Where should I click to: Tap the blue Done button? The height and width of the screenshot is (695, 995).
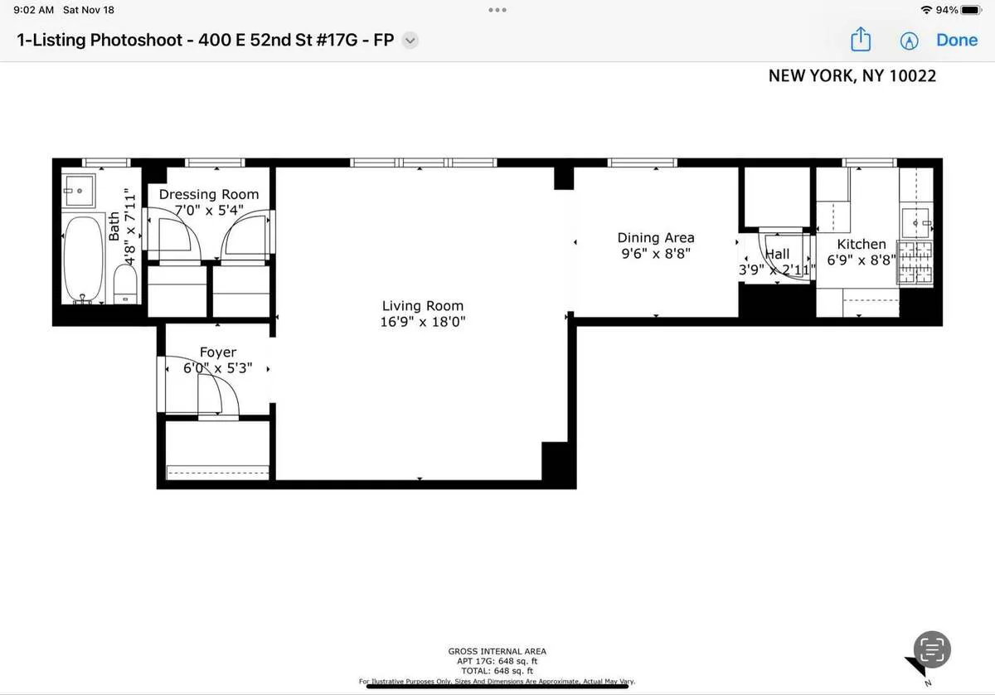[x=957, y=40]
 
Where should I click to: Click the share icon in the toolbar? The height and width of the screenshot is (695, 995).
[x=862, y=40]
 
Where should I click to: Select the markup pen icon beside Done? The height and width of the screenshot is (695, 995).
[x=910, y=41]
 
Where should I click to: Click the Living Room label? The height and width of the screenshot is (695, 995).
[x=422, y=306]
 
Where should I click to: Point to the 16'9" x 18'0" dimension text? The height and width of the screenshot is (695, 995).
[x=422, y=323]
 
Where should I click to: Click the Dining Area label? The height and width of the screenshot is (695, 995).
[x=655, y=238]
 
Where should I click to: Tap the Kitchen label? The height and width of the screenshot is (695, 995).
[x=861, y=244]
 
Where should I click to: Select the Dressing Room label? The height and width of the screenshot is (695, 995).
[x=209, y=194]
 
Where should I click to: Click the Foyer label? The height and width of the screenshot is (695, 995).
[x=217, y=352]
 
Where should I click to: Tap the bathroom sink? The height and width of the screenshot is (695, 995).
[x=80, y=191]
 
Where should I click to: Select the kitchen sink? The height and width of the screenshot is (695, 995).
[x=916, y=223]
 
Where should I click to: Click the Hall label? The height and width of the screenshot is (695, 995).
[x=777, y=254]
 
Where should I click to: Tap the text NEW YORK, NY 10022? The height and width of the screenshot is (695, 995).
[x=852, y=75]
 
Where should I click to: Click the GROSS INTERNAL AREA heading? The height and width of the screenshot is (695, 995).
[x=497, y=651]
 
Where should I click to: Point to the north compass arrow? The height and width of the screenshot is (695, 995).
[x=918, y=667]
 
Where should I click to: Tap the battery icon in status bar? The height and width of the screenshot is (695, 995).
[x=971, y=10]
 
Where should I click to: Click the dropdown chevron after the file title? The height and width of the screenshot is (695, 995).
[x=410, y=40]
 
